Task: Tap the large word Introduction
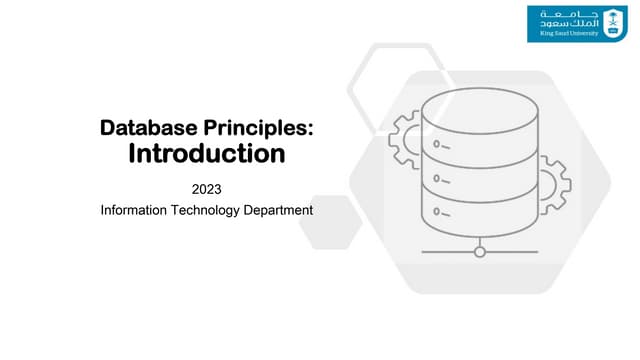(207, 154)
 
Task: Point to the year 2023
(206, 188)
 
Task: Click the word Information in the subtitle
(136, 210)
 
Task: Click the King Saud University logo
(577, 24)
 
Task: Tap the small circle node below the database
(480, 251)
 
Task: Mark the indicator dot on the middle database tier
(438, 181)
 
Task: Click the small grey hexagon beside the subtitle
(329, 222)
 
